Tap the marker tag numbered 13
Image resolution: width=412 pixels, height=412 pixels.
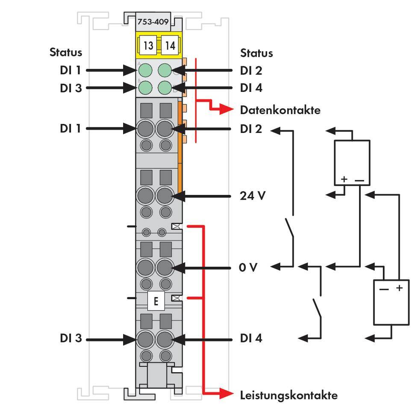pos(148,45)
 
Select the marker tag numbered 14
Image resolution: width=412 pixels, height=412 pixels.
pos(170,45)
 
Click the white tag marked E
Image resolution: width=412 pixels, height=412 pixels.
pos(156,301)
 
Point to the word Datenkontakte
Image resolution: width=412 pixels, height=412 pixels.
pos(280,110)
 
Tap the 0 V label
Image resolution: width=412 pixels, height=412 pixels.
pos(248,268)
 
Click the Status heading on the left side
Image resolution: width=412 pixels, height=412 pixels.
pos(66,53)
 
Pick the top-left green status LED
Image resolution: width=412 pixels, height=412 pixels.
pos(145,70)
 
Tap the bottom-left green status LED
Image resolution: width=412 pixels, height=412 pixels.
pos(145,88)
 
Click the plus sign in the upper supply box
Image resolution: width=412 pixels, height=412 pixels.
pos(344,179)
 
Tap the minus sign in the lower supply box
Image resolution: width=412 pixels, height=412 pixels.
pos(384,288)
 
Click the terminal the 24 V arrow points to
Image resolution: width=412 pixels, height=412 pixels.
pos(164,196)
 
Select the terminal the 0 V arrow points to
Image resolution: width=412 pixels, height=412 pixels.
pos(164,268)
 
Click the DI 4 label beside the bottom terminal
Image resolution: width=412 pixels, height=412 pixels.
pos(251,338)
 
